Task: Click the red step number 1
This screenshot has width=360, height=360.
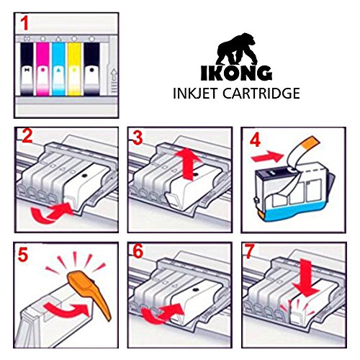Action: (x=24, y=23)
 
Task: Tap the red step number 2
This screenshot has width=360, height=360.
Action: (x=27, y=136)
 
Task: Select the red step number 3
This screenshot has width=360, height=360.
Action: (x=138, y=138)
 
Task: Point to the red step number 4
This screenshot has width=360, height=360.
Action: (x=255, y=140)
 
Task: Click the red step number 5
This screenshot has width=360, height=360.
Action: (x=23, y=255)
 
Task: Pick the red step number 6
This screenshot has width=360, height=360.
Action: (x=138, y=251)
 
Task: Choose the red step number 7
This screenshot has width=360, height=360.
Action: (x=250, y=251)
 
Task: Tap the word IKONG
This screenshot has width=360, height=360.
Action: (x=236, y=73)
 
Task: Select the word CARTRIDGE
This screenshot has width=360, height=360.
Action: (x=261, y=94)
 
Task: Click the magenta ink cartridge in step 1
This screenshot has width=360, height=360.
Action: (x=42, y=69)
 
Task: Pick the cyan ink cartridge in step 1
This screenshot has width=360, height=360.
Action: (x=58, y=69)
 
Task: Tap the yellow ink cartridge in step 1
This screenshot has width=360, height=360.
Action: (x=74, y=69)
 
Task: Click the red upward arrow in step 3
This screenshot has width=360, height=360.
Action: (x=189, y=165)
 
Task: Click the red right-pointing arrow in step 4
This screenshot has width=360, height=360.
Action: (x=267, y=156)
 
